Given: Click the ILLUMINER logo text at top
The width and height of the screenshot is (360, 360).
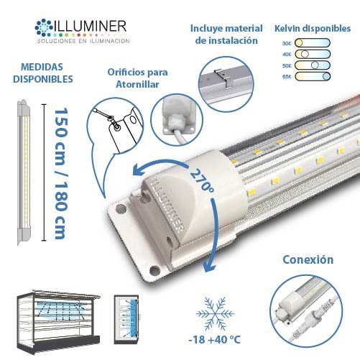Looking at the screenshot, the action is pos(90,26).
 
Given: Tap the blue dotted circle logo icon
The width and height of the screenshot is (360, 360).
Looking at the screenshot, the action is pos(44,27).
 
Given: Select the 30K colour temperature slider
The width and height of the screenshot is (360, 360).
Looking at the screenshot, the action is pos(313,43).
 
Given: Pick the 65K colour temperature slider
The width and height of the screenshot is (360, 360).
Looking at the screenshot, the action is pos(313,76).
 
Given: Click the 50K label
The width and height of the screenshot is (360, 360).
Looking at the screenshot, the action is pos(287,65).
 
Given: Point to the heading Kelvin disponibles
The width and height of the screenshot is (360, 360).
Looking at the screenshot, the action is pos(313,28).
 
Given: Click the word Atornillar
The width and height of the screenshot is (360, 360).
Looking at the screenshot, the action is pos(137,84).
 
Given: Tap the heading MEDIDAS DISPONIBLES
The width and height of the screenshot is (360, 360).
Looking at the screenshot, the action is pos(42,73).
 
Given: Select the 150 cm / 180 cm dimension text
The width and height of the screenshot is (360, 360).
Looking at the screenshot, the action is pos(60,174).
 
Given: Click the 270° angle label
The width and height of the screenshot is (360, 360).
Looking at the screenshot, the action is pos(202,180).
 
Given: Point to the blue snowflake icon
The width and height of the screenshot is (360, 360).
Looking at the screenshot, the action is pos(215,313).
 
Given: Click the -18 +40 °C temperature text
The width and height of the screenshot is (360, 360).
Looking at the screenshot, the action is pos(214,340).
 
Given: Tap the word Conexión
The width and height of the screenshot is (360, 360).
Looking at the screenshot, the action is pos(308,259).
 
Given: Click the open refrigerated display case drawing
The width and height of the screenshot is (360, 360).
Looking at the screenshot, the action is pos(58,320).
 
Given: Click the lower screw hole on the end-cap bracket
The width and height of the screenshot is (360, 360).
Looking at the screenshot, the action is pos(154,270).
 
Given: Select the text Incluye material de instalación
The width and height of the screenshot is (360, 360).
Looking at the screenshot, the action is pos(226,34).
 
